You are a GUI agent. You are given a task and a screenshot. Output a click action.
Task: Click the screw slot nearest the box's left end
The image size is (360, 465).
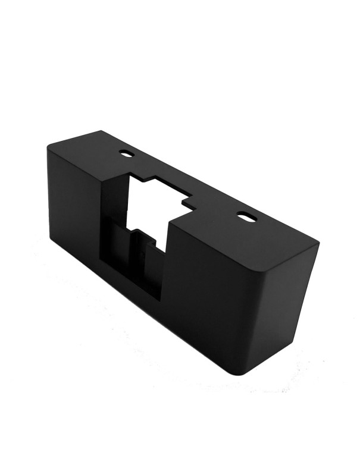(127, 152)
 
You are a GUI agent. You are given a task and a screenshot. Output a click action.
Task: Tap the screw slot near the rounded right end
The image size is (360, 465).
(246, 216)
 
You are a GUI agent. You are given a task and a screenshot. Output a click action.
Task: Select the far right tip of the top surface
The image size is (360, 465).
(319, 241)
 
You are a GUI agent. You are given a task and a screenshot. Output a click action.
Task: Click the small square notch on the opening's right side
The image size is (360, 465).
(190, 204)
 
